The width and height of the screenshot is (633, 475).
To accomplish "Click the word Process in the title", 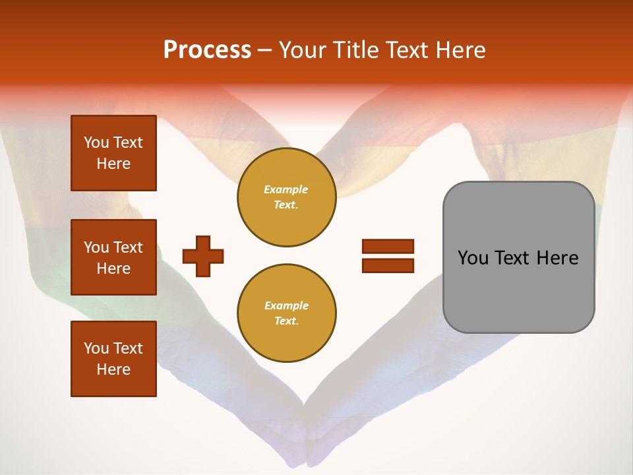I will [207, 50].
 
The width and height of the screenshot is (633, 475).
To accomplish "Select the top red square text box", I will [113, 153].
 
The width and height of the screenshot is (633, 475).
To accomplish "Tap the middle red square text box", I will [113, 257].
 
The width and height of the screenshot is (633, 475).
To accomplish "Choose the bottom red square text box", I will [113, 359].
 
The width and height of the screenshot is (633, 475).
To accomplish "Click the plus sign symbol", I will [203, 256].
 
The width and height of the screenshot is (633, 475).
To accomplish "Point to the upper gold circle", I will [286, 197].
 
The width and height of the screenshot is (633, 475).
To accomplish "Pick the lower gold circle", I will [286, 313].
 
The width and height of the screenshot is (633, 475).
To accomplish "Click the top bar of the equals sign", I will [388, 247].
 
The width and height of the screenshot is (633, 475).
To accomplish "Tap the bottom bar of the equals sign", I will [388, 265].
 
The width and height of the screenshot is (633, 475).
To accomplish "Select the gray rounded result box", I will [518, 257].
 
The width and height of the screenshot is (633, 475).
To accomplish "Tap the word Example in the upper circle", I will [286, 189].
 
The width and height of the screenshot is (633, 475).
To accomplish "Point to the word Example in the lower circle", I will [286, 305].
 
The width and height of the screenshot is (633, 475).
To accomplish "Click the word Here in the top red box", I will [113, 164].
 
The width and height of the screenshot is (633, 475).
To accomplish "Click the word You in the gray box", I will [473, 258].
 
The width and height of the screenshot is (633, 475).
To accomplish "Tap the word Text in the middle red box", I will [127, 247].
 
